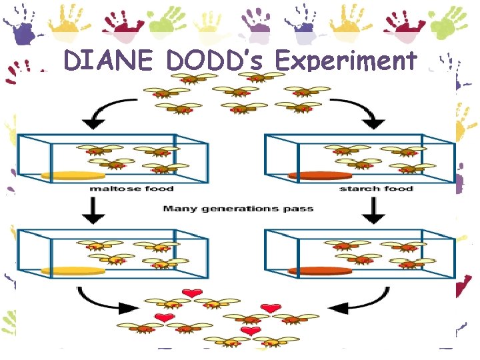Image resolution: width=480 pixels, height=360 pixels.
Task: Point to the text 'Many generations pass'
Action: [238, 209]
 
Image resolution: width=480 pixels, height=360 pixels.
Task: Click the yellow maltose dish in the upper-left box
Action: [73, 175]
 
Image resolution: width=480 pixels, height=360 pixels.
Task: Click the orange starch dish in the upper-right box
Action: [319, 175]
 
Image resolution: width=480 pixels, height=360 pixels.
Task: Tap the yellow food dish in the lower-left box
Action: [73, 271]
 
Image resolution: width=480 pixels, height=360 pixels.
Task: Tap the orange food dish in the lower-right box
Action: [319, 271]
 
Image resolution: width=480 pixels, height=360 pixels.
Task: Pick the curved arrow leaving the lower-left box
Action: [100, 300]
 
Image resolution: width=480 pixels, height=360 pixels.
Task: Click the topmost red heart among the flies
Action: [193, 293]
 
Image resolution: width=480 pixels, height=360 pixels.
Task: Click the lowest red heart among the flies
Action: [251, 331]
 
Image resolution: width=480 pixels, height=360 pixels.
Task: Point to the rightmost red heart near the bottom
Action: [271, 307]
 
